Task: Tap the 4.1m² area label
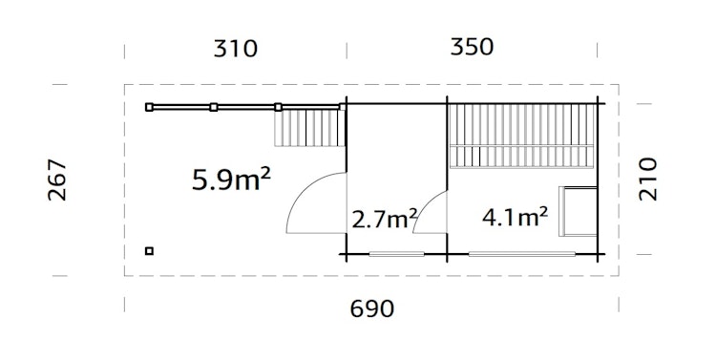pyautogui.click(x=515, y=217)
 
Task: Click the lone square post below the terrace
pyautogui.click(x=149, y=251)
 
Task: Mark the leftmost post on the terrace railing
pyautogui.click(x=149, y=107)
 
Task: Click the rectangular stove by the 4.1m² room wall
pyautogui.click(x=579, y=211)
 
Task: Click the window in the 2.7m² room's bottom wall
pyautogui.click(x=395, y=253)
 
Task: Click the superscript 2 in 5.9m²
pyautogui.click(x=264, y=172)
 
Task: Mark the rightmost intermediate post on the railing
pyautogui.click(x=278, y=107)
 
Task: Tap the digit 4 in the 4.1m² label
pyautogui.click(x=491, y=218)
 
